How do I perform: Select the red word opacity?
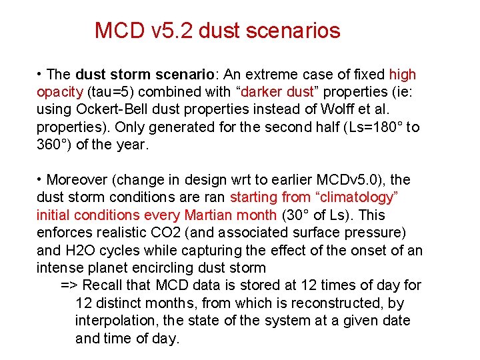pyautogui.click(x=59, y=92)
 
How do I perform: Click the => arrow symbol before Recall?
pyautogui.click(x=69, y=286)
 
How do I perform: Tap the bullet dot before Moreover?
pyautogui.click(x=41, y=179)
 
